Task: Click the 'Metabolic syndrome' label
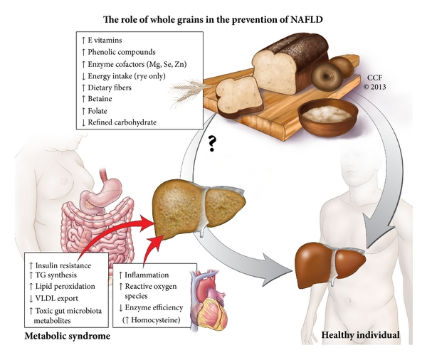point(67,334)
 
